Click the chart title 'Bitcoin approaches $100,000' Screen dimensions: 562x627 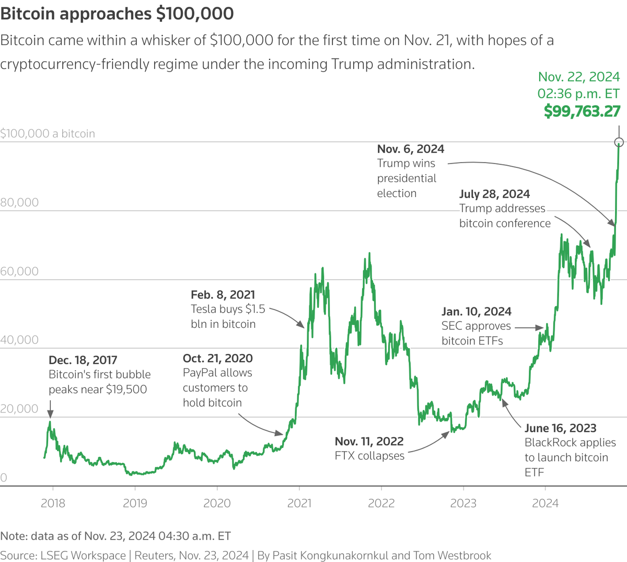117,14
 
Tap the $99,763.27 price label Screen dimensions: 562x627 582,111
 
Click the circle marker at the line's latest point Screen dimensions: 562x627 619,142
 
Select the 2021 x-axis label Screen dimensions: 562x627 299,503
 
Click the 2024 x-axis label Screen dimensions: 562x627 545,503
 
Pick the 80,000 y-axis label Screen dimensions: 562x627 19,202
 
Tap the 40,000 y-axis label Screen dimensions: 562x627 19,340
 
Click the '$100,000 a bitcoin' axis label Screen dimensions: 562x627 48,133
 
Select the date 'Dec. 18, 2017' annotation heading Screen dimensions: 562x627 83,360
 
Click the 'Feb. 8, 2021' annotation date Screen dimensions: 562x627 223,295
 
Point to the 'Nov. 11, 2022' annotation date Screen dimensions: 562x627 369,441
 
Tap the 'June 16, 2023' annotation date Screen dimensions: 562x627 560,428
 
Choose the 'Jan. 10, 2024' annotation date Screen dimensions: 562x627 477,312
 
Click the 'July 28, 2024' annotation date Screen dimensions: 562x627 494,194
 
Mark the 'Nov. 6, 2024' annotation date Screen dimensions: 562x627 411,149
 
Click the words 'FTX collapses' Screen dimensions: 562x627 369,456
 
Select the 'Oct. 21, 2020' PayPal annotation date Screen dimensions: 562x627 217,358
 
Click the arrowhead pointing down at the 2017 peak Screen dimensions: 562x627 50,413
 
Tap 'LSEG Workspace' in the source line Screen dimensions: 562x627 83,555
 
